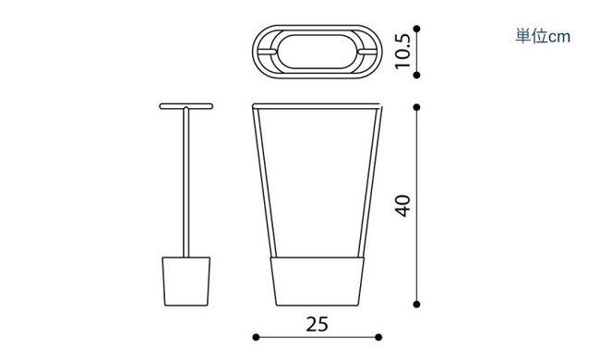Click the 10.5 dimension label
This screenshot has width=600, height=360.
(402, 52)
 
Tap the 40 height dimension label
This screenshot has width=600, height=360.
(402, 206)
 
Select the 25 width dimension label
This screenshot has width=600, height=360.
(318, 324)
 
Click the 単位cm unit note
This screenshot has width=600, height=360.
(543, 36)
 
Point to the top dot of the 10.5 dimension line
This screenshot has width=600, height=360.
(417, 29)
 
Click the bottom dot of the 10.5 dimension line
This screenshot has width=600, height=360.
(417, 76)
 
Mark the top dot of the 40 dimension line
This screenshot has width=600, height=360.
(417, 107)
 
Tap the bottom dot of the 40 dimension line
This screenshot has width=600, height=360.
(417, 305)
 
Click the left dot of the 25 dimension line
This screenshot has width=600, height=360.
(256, 337)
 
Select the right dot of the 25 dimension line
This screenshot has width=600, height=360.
(378, 337)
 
